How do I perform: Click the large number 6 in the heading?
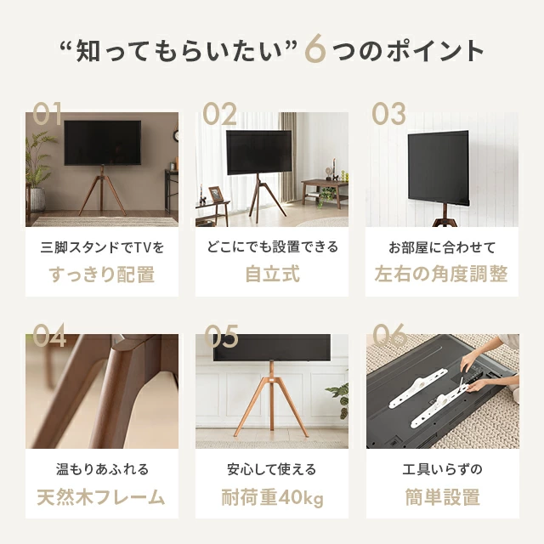(315, 48)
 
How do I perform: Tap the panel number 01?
(48, 113)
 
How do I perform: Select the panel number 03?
(388, 113)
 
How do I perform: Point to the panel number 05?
(221, 336)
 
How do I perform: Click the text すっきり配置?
(102, 274)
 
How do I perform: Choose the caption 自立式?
(272, 274)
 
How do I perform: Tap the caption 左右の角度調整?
(441, 274)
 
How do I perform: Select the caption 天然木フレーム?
(101, 496)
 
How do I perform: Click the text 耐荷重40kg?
(272, 497)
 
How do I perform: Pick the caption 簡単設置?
(442, 496)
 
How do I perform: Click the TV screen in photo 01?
(103, 143)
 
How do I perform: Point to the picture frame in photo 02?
(216, 194)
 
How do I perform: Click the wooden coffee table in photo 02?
(325, 193)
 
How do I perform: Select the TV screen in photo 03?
(439, 168)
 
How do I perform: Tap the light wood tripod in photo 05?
(271, 399)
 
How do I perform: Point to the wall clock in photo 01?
(176, 135)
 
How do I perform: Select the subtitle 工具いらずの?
(442, 469)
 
